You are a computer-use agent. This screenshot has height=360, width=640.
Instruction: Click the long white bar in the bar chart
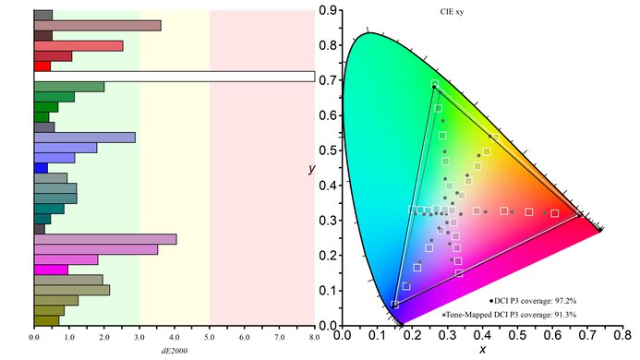[174, 77]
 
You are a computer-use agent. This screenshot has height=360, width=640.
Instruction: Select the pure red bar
[42, 66]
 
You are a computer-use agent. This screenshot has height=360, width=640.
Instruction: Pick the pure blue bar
[41, 168]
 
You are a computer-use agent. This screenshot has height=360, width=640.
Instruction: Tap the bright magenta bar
[51, 270]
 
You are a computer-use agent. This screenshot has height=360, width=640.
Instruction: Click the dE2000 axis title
[174, 352]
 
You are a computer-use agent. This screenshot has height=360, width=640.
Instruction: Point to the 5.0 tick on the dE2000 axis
[210, 339]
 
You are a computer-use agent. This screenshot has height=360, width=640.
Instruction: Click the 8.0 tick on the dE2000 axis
[314, 339]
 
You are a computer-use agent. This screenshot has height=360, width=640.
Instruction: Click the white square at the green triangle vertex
[435, 84]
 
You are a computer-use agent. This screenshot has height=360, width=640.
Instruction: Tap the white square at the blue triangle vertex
[395, 304]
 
